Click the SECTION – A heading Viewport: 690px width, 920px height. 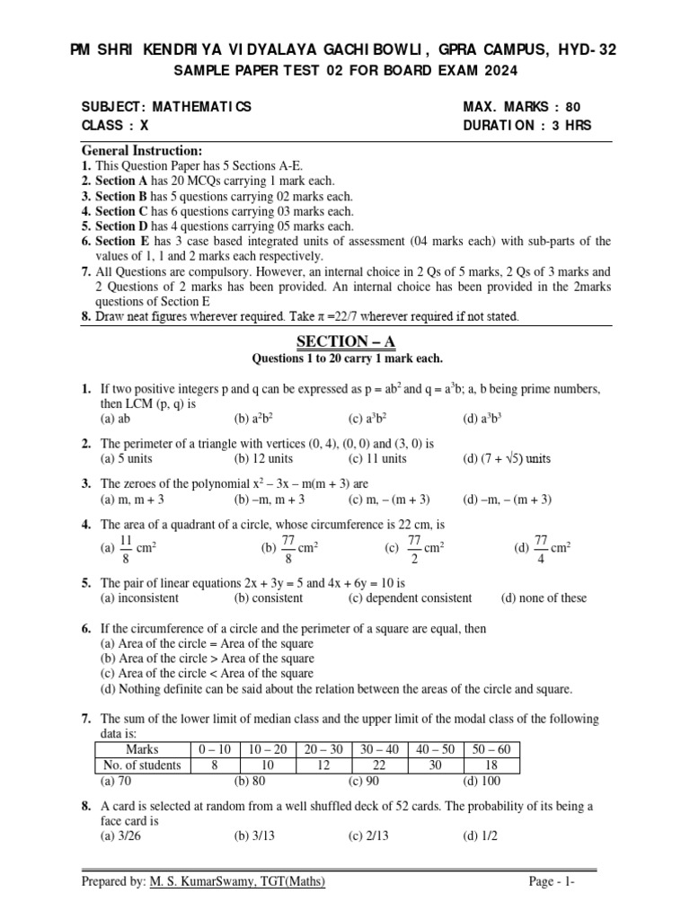pos(346,341)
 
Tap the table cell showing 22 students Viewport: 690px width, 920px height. pos(380,765)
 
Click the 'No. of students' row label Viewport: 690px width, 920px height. pos(142,765)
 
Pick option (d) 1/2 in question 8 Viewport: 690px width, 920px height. pos(480,836)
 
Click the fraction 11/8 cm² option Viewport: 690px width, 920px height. pos(129,546)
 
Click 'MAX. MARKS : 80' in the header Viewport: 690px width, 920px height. pos(527,107)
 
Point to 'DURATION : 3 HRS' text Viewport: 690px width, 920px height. pos(527,126)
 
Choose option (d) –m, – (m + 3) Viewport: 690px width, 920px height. pos(508,500)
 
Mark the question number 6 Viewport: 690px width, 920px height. pos(86,630)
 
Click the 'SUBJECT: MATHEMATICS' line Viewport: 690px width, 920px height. pos(167,107)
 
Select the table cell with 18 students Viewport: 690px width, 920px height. pos(492,765)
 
